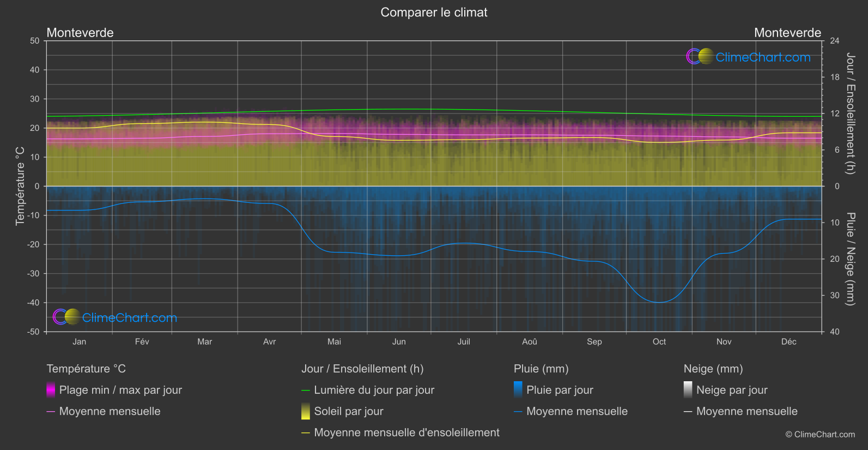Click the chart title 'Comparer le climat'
point(434,13)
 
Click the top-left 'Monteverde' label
point(80,33)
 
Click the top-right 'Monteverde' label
point(787,33)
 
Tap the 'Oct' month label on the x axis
point(659,342)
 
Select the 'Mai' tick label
point(334,342)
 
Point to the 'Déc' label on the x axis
point(788,342)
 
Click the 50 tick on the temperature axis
point(35,41)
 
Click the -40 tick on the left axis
point(33,303)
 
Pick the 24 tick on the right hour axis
point(834,41)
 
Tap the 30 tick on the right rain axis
point(834,296)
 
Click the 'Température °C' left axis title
point(20,186)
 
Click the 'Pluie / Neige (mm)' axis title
point(849,259)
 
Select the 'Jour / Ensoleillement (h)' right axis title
point(849,113)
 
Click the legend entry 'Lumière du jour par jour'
point(374,390)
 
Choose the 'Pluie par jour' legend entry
point(560,390)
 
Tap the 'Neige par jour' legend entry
point(732,390)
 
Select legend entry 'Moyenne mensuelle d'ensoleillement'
point(406,433)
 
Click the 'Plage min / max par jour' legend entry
point(120,390)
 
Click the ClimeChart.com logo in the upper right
point(749,57)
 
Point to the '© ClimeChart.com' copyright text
point(820,435)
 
